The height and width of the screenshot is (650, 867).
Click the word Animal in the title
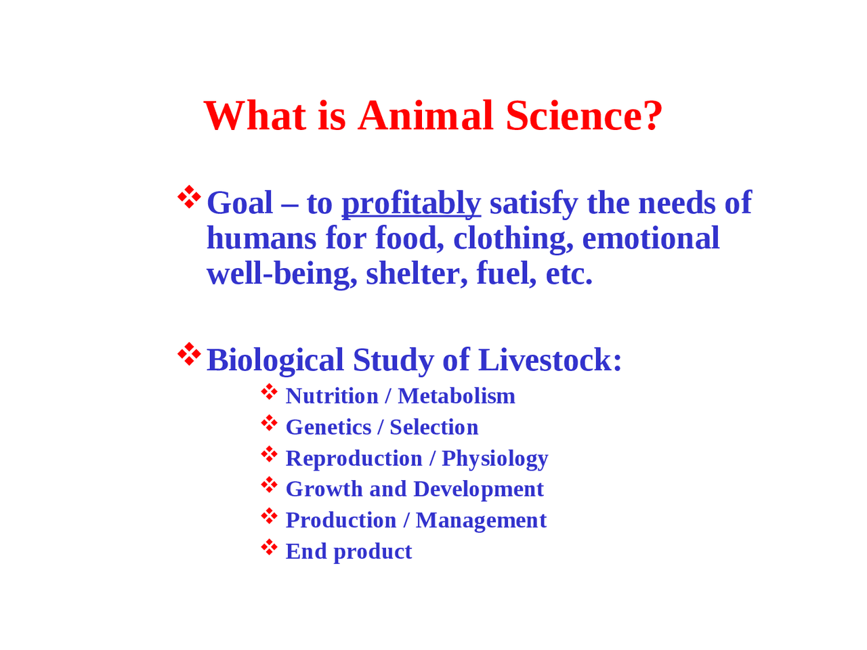point(425,115)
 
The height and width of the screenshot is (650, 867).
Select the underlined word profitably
point(411,203)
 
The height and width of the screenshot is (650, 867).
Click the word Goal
point(240,203)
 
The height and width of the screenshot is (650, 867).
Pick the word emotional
point(650,238)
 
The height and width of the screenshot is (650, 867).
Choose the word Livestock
point(549,360)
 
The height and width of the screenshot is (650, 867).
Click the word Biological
point(275,360)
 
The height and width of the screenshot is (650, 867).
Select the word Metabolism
point(457,396)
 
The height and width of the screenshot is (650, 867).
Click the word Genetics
point(329,427)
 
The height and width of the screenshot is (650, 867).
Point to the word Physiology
point(494,458)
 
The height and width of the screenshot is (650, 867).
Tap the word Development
point(478,489)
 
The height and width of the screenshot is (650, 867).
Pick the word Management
point(481,520)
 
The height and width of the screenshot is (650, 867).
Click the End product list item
point(348,551)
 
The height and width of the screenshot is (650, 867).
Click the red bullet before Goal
point(190,197)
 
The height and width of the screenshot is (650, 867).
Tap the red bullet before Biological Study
point(190,354)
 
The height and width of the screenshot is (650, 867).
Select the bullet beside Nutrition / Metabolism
point(270,391)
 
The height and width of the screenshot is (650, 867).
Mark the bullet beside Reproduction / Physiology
point(270,454)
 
